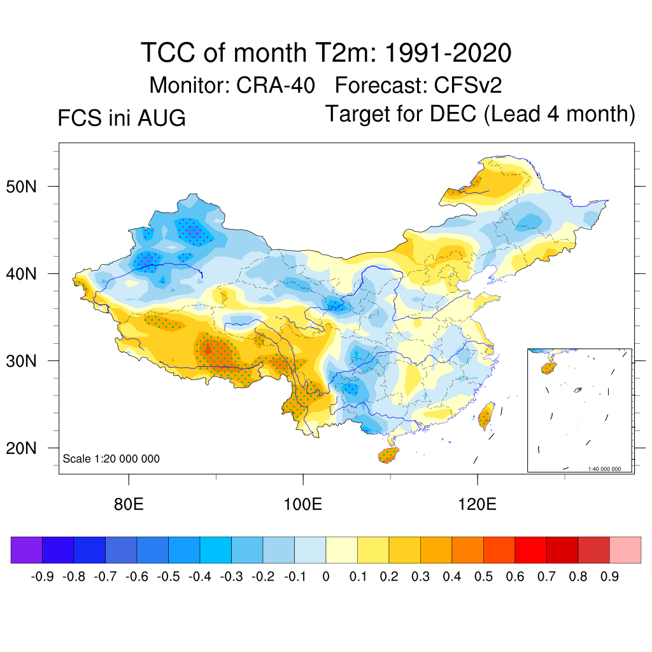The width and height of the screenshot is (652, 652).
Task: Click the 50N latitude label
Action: pos(21,187)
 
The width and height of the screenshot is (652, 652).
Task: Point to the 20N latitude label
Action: pos(21,448)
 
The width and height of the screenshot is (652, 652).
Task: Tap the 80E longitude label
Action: pos(129,504)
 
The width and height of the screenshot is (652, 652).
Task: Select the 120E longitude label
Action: pos(477,504)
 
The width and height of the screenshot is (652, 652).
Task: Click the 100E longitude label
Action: pos(302,504)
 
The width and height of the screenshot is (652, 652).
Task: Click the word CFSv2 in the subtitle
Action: pos(468,85)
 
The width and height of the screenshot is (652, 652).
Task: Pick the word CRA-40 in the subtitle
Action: pos(275,85)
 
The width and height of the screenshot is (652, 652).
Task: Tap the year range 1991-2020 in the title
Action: pos(448,53)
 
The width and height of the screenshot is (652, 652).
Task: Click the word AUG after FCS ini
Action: pos(161,118)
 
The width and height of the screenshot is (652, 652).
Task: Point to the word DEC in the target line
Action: pos(453,113)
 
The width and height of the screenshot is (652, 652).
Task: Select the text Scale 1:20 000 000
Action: pos(111,458)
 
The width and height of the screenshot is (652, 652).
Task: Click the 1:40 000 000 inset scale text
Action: pos(604,469)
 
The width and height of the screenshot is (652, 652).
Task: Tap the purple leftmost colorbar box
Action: pos(27,549)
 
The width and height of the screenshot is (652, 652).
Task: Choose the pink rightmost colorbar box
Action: pos(625,549)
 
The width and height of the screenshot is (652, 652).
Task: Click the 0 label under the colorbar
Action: pos(326,576)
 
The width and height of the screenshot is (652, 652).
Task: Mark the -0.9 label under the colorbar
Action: pos(43,576)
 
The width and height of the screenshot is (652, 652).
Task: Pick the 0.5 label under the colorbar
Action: pos(483,576)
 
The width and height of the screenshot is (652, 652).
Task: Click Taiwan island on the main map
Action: pos(486,416)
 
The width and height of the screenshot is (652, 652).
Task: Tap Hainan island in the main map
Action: pos(388,455)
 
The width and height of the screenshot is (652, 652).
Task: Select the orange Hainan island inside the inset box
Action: pos(548,368)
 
